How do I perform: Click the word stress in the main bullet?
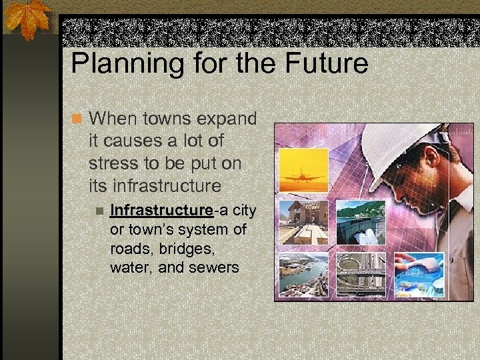tap(111, 163)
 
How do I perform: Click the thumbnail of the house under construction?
tap(303, 222)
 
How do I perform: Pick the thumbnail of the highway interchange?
tap(360, 273)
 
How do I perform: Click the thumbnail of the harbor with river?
tap(303, 275)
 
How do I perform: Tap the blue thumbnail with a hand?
tap(419, 273)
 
